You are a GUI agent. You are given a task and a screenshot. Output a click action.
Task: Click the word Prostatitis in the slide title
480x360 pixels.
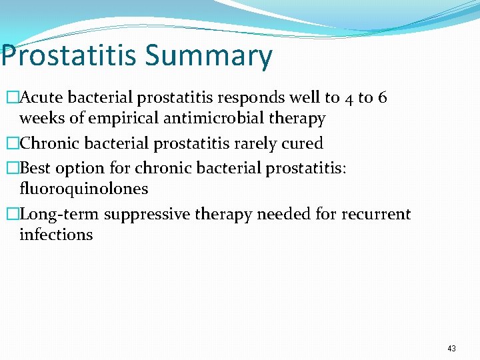coord(68,55)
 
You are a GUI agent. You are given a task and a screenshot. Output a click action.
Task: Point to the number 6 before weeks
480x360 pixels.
coord(382,98)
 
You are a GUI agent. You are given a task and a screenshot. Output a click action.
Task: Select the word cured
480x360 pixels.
coord(302,143)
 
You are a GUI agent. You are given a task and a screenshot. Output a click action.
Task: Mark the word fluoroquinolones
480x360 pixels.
coord(83,189)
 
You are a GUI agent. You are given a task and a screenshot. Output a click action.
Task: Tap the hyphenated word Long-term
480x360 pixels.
coord(60,214)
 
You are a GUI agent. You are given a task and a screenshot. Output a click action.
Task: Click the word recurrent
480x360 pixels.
coord(376,214)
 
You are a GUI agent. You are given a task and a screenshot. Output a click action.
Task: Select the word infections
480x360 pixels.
coord(56,235)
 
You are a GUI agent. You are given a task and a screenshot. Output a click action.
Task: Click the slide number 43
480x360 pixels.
coord(452,349)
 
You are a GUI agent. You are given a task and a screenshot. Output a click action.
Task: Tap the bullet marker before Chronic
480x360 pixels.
coord(11,144)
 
